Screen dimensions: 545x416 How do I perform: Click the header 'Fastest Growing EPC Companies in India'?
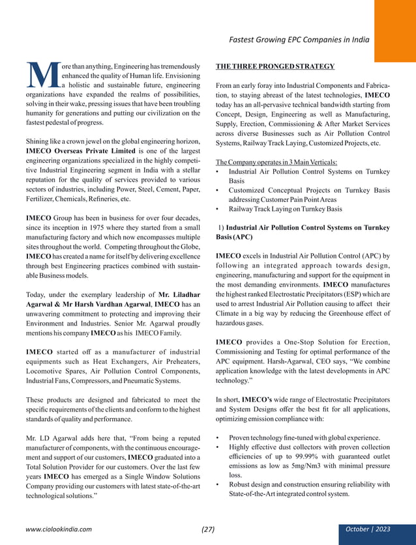299,39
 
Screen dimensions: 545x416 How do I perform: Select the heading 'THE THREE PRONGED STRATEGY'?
275,66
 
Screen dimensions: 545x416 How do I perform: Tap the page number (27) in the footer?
207,529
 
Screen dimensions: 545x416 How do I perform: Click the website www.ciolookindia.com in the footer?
59,529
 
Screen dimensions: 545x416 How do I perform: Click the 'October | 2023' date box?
367,529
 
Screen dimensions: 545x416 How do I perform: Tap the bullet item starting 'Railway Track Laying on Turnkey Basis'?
285,209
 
